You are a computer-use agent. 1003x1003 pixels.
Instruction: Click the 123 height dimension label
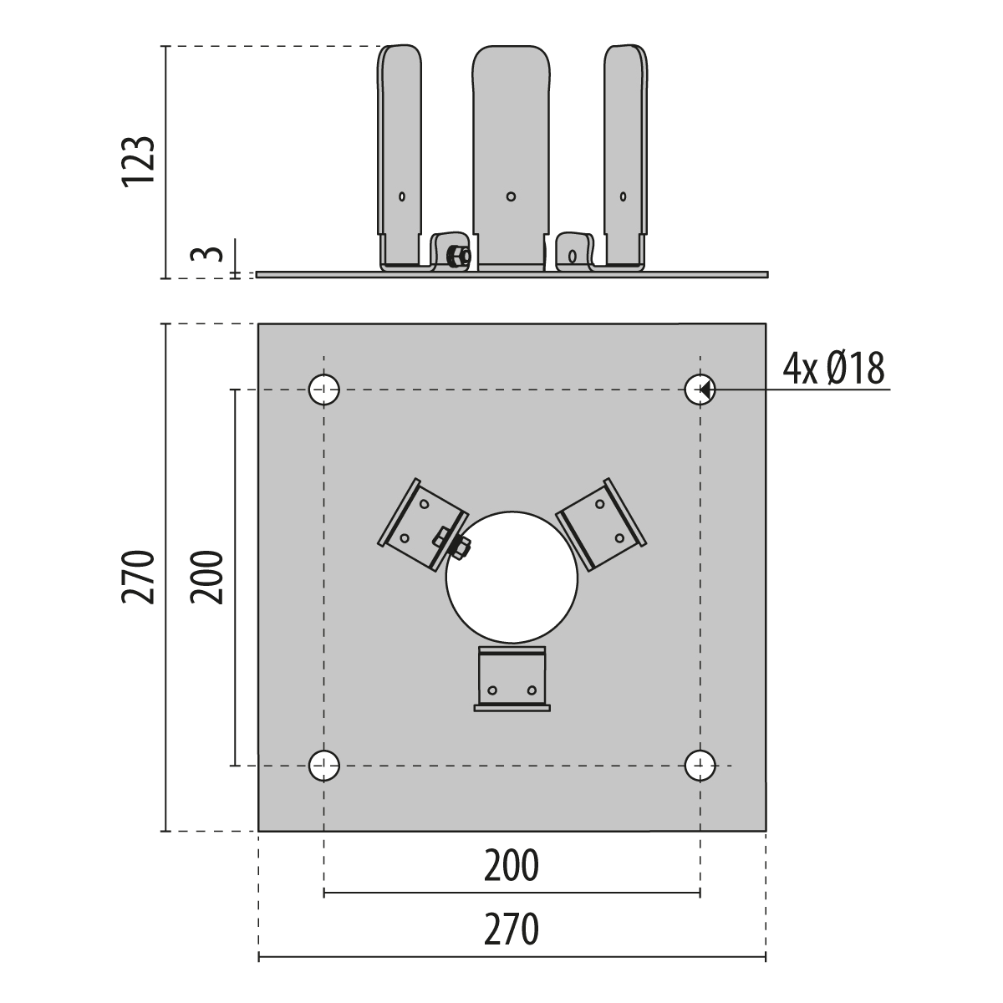(x=139, y=160)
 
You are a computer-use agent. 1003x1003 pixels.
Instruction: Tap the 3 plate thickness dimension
(x=206, y=255)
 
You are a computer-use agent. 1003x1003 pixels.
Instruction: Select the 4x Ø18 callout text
(x=833, y=369)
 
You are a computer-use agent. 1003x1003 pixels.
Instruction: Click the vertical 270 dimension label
(x=139, y=577)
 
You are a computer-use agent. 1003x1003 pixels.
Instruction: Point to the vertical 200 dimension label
(x=206, y=577)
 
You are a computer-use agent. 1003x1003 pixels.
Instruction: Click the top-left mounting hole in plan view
(x=323, y=389)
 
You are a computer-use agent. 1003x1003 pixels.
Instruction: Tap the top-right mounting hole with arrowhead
(x=700, y=389)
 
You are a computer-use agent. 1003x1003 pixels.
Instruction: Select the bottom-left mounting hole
(x=323, y=765)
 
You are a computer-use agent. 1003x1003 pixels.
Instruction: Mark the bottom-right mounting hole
(x=700, y=765)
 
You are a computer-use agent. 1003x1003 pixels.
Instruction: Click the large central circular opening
(x=512, y=577)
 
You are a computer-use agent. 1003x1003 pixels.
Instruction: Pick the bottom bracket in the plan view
(x=512, y=679)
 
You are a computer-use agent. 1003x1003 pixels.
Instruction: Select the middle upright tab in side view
(x=512, y=157)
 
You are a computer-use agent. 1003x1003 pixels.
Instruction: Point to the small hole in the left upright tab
(x=402, y=196)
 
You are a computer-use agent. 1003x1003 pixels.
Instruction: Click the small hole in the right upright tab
(x=623, y=196)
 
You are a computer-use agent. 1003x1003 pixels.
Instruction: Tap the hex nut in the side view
(x=458, y=256)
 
